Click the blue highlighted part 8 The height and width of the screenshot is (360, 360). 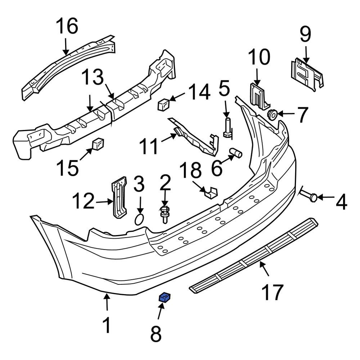tap(165, 297)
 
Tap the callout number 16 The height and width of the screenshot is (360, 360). tap(67, 27)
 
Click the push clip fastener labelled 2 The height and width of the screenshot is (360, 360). tap(165, 213)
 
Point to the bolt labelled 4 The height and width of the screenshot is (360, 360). tap(309, 196)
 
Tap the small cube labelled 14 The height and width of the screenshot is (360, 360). tap(163, 104)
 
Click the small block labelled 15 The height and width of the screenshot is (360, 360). tap(98, 144)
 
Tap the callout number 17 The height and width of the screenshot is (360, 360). tap(272, 292)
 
